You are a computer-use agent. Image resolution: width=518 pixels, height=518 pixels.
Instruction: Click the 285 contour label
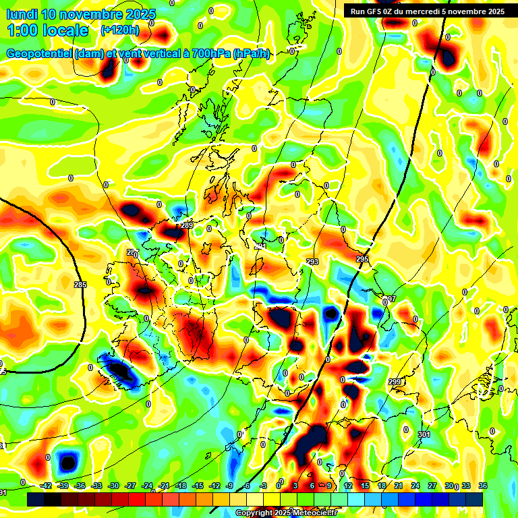click(x=80, y=285)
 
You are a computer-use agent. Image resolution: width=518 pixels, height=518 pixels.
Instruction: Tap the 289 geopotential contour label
click(x=188, y=225)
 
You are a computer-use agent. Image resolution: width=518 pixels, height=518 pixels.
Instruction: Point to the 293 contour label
click(x=312, y=262)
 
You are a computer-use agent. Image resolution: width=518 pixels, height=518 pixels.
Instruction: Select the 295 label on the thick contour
click(x=362, y=260)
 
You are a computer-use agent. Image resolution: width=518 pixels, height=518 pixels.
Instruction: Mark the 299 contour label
click(x=395, y=382)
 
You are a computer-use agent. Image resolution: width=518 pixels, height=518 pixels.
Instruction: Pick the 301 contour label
click(x=424, y=434)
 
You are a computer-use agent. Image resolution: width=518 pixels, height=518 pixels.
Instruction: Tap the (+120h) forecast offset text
click(x=119, y=30)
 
